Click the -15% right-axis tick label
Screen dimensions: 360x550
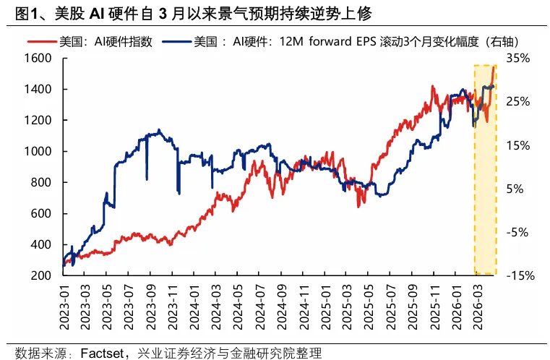[x=519, y=275]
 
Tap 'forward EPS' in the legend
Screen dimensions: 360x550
[x=339, y=41]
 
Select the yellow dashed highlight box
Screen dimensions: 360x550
[x=484, y=170]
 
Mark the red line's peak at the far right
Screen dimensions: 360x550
[x=494, y=67]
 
